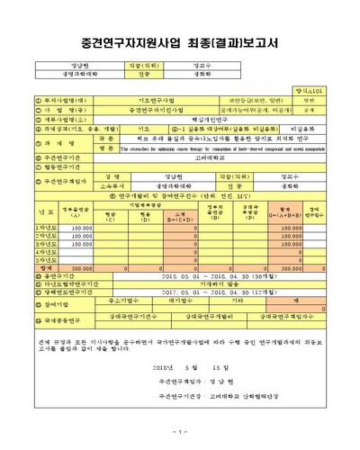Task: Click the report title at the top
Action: (x=180, y=42)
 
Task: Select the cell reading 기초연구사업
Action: (x=144, y=102)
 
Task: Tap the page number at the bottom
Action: (x=180, y=429)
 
